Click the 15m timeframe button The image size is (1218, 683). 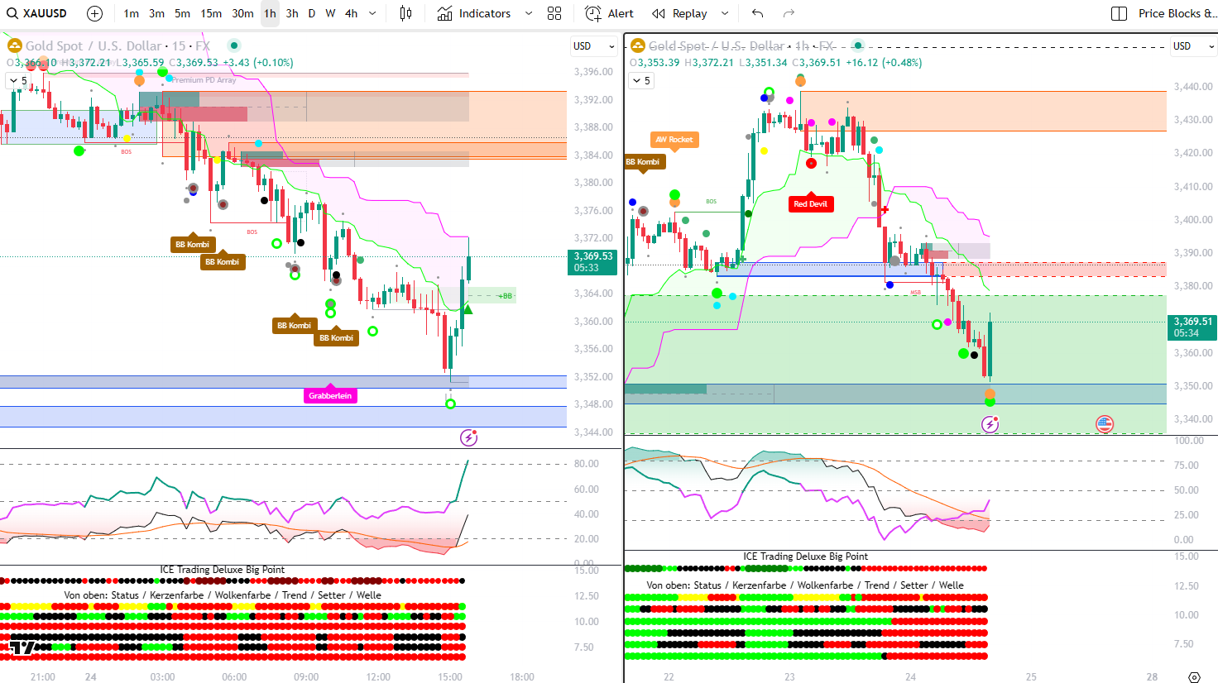point(211,13)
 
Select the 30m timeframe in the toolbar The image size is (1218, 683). point(242,13)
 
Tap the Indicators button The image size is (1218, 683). point(474,13)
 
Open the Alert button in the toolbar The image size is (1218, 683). point(609,13)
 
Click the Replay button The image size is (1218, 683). point(679,13)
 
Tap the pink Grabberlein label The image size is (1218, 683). point(330,396)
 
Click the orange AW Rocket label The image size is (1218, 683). point(674,140)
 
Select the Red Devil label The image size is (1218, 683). point(810,204)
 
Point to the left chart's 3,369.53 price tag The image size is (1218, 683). point(593,261)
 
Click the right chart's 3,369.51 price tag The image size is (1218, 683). point(1192,327)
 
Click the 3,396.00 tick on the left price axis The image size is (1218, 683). point(593,72)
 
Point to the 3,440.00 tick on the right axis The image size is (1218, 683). point(1192,87)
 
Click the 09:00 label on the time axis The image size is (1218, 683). point(306,676)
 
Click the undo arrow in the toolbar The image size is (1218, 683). point(757,13)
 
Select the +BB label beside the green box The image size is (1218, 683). point(505,295)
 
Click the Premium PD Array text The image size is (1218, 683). point(204,80)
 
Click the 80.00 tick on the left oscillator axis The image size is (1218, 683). point(587,464)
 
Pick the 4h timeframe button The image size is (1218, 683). point(352,13)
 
